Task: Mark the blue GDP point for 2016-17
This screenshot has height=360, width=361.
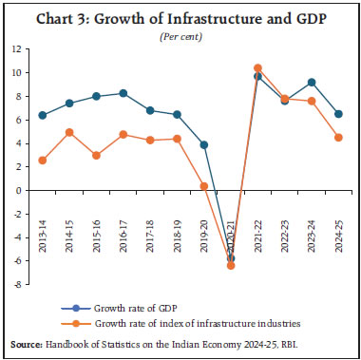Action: click(123, 93)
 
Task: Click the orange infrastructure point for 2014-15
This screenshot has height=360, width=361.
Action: click(67, 132)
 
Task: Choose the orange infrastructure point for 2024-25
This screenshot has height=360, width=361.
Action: click(339, 137)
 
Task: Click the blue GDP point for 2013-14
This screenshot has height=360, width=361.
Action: click(41, 115)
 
